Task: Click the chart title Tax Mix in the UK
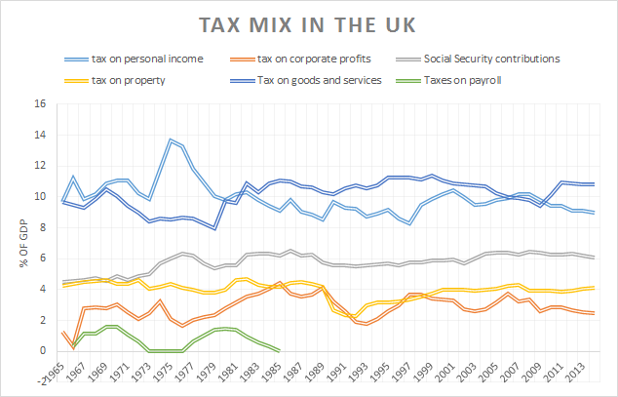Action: coord(308,22)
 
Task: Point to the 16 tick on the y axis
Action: coord(40,103)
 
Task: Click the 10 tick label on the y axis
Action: coord(40,196)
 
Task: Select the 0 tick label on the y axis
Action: coord(43,351)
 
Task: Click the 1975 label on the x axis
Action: coord(171,373)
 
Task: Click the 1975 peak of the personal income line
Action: coord(171,139)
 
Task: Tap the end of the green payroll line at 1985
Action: coord(280,350)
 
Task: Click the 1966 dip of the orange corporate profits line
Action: coord(73,347)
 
